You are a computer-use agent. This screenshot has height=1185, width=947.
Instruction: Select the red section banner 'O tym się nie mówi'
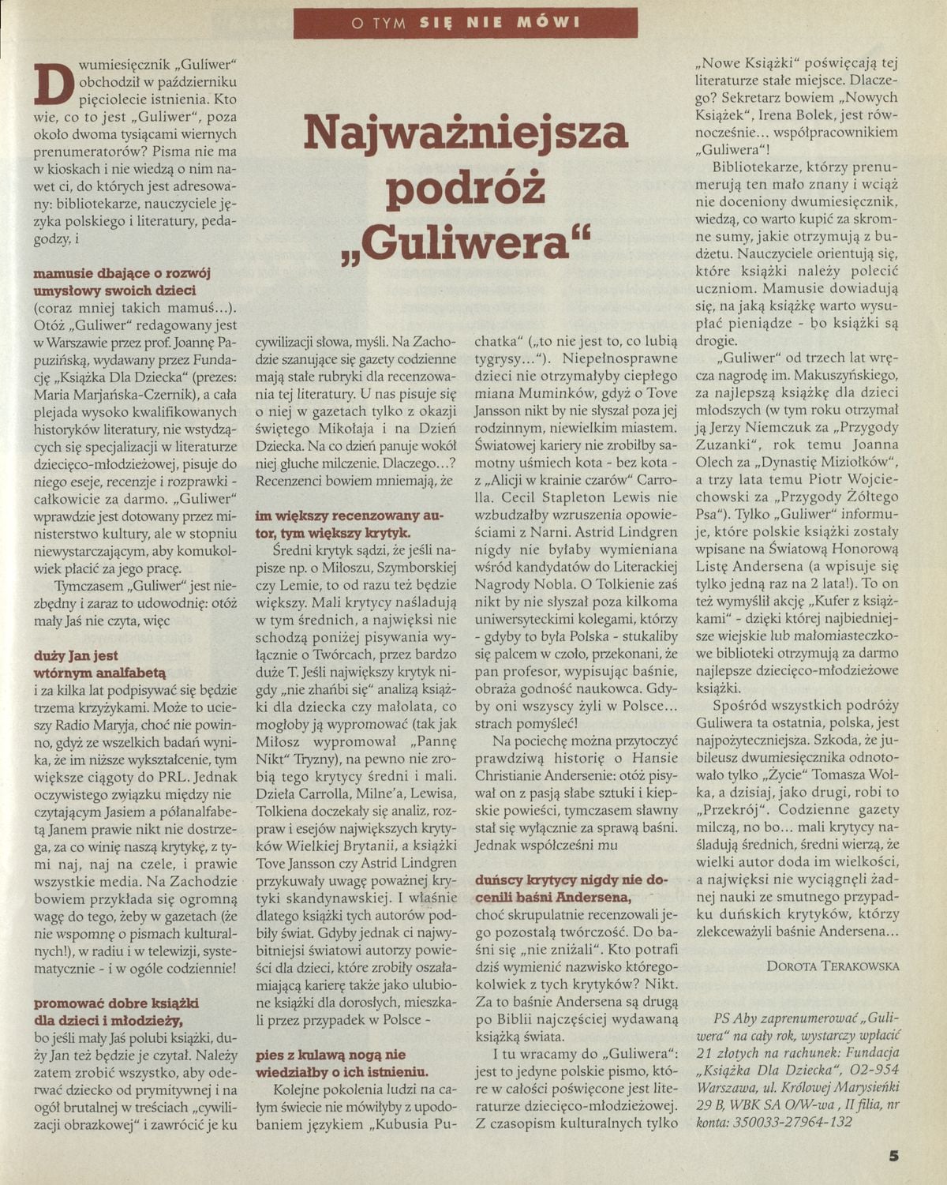[466, 22]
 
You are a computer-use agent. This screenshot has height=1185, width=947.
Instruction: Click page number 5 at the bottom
[893, 1156]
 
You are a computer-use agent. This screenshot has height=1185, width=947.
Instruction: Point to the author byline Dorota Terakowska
[833, 965]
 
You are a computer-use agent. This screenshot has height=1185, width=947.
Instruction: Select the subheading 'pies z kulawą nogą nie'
[331, 1054]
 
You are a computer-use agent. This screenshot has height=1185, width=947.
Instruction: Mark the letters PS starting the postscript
[721, 1018]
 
